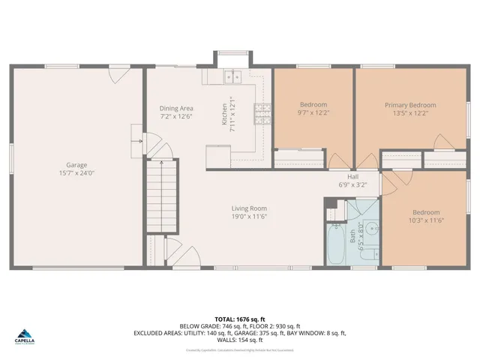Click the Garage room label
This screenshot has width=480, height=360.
[x=76, y=165]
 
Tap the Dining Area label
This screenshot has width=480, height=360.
[x=176, y=108]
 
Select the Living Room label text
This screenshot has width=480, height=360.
[x=250, y=208]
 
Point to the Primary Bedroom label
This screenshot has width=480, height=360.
[x=410, y=105]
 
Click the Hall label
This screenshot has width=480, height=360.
[x=352, y=176]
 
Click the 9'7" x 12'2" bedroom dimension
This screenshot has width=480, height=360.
[x=313, y=113]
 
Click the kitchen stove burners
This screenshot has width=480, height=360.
[x=262, y=112]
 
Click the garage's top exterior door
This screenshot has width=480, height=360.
[x=118, y=73]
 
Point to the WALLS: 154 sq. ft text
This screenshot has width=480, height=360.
[x=239, y=340]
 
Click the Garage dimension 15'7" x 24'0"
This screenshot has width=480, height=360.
[x=76, y=174]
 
